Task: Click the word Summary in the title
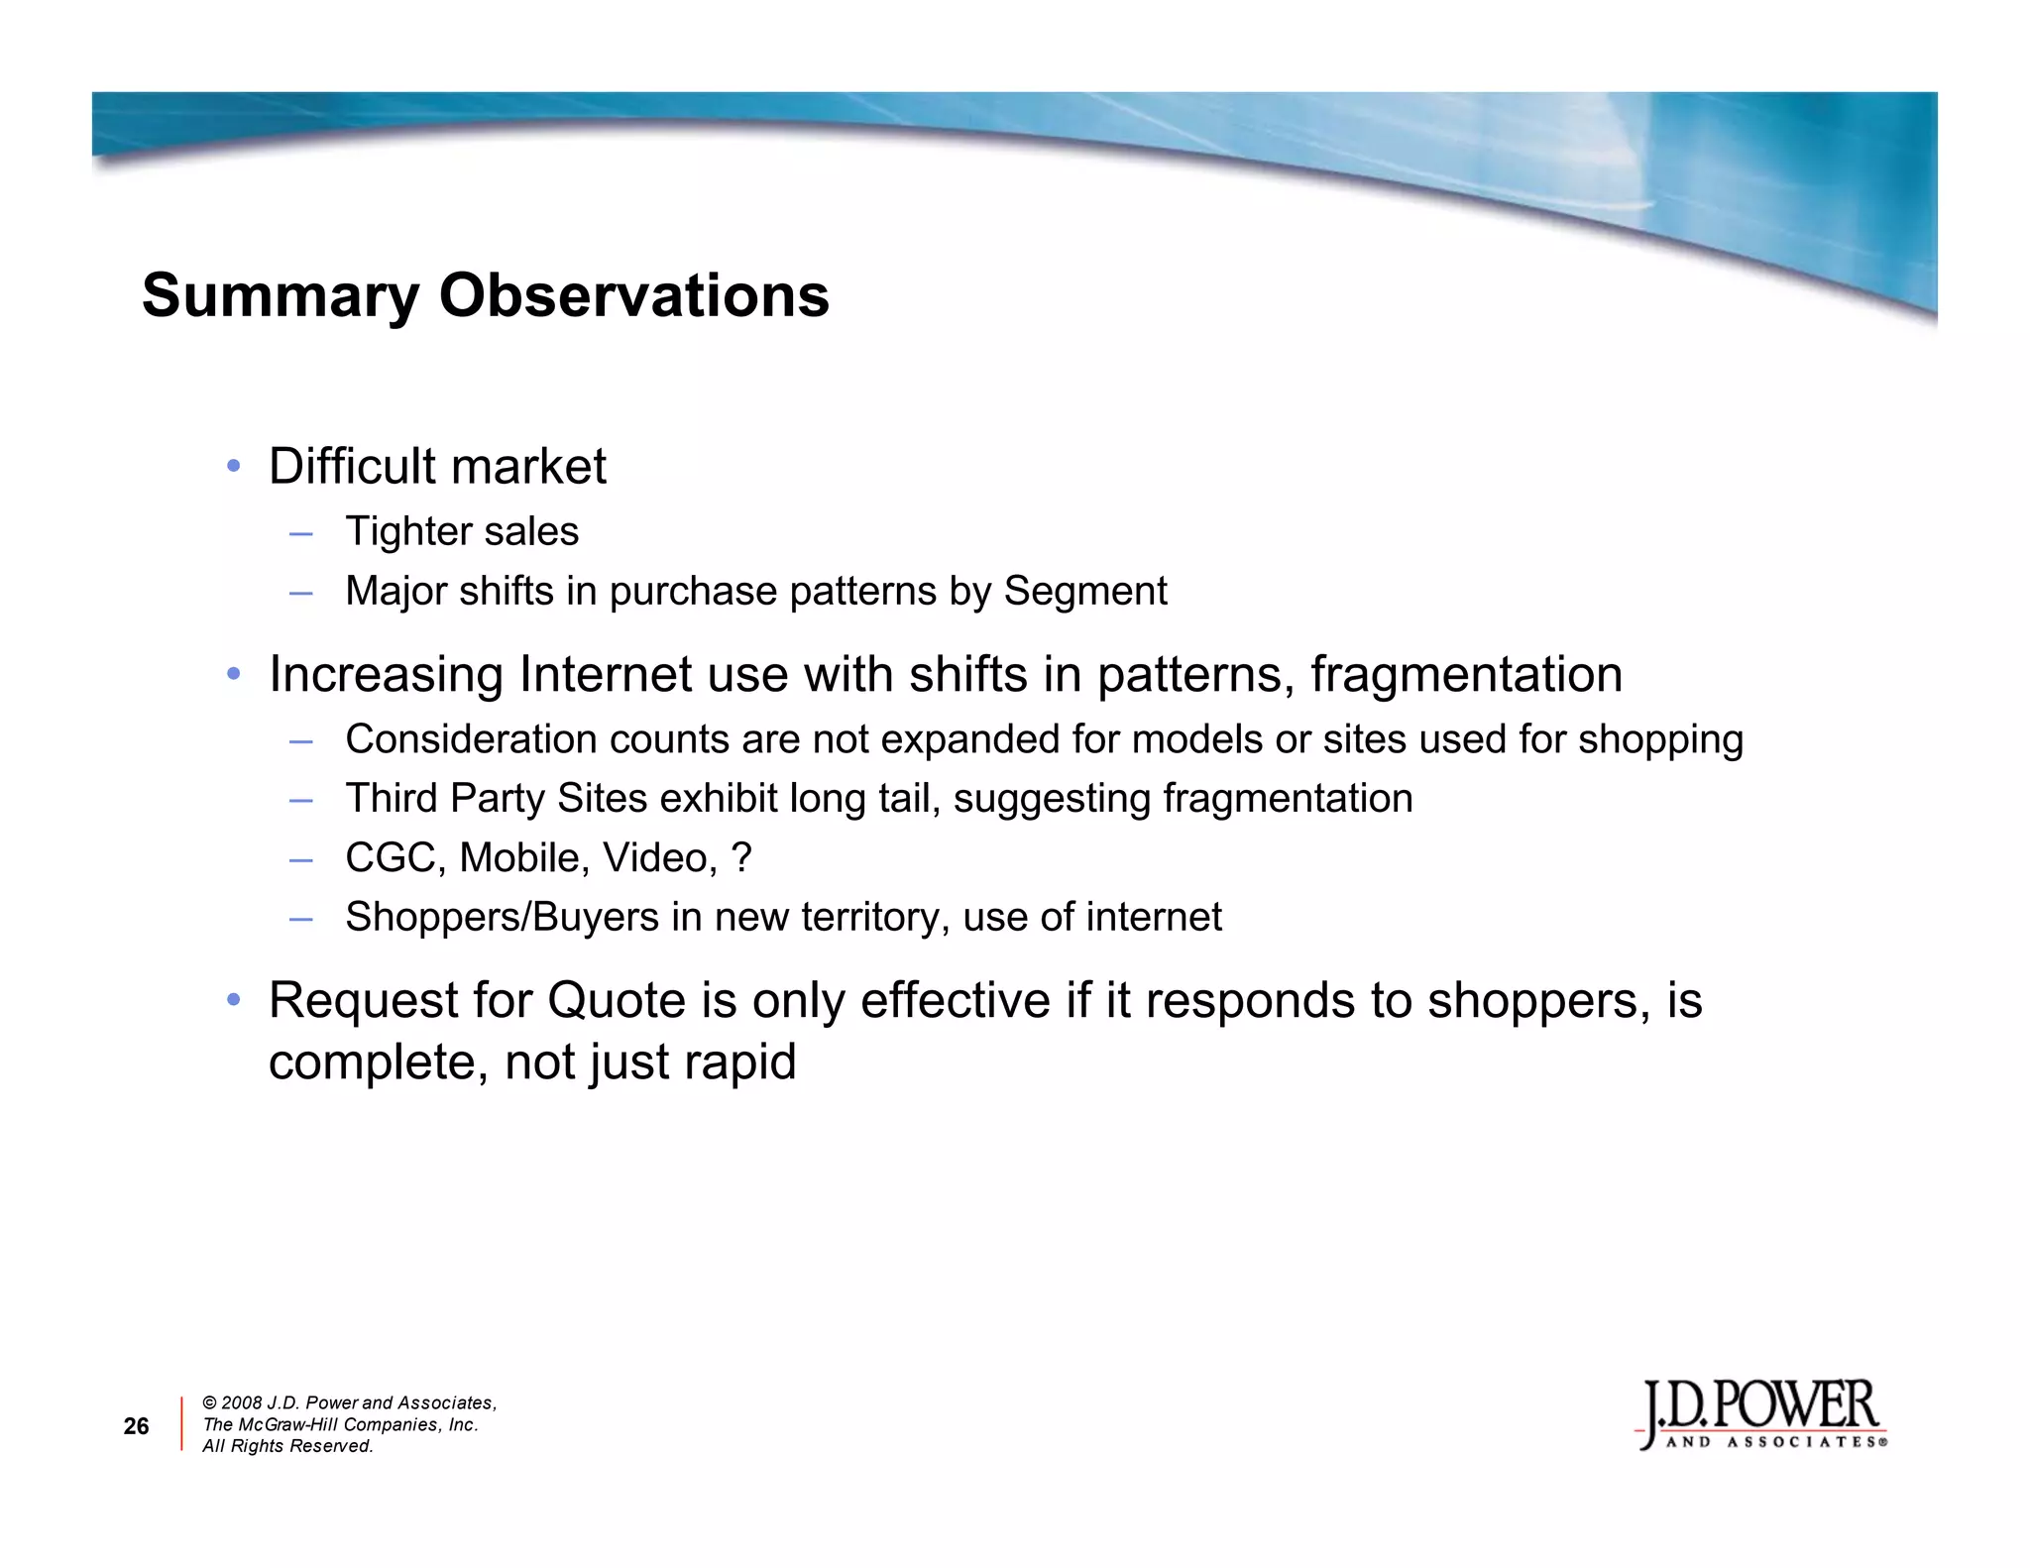click(x=281, y=296)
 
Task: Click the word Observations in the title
click(x=633, y=296)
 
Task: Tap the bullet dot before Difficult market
click(x=234, y=466)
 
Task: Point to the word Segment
click(x=1085, y=592)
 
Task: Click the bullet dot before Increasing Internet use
click(x=234, y=674)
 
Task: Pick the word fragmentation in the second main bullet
click(x=1466, y=675)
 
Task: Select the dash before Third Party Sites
click(x=301, y=800)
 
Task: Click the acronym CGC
click(x=395, y=858)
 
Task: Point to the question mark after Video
click(x=741, y=858)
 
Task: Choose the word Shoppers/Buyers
click(x=502, y=918)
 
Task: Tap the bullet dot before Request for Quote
click(x=234, y=1000)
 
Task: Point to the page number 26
click(x=136, y=1426)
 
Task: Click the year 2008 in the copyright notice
click(x=242, y=1403)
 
